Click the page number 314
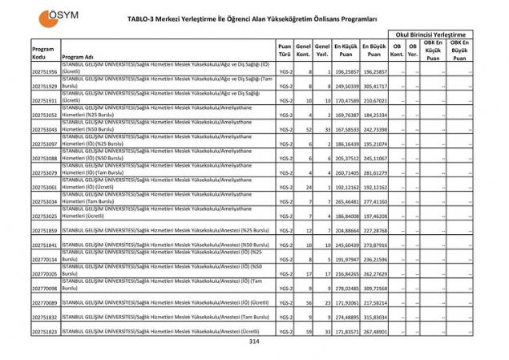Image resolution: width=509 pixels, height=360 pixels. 255,342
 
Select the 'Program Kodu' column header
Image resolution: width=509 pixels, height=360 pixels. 43,52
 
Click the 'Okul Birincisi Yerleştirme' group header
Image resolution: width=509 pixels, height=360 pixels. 430,34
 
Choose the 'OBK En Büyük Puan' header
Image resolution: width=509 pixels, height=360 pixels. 459,50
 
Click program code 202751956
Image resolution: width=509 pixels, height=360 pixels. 45,71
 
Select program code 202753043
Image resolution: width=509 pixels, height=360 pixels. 45,129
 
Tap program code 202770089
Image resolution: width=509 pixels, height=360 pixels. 45,303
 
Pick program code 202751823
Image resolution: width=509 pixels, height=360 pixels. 45,332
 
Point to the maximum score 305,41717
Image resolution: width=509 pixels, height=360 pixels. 374,86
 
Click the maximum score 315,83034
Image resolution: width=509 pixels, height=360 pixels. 374,318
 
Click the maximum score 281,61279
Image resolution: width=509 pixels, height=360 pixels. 374,172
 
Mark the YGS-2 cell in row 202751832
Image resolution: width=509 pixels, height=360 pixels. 285,318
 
